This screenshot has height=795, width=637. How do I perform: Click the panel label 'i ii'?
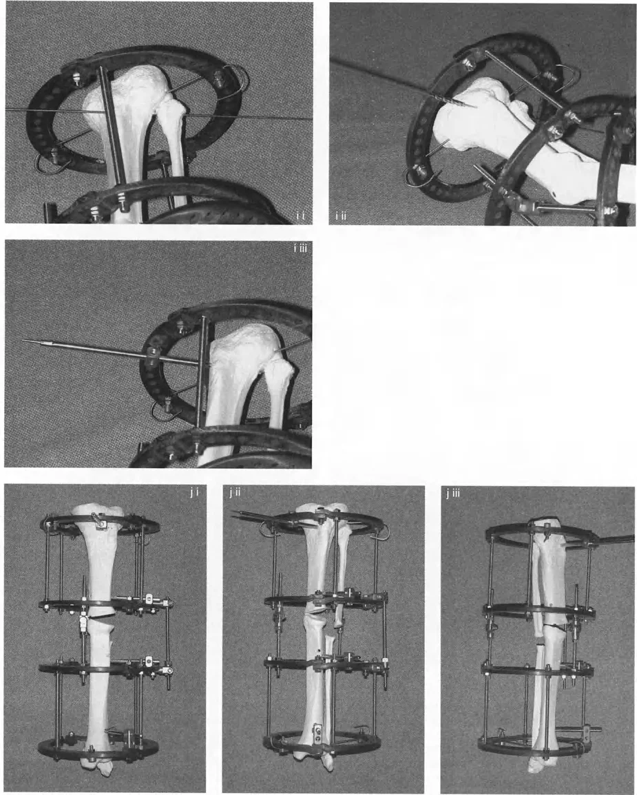(x=340, y=217)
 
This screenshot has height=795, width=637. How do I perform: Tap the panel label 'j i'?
(x=194, y=492)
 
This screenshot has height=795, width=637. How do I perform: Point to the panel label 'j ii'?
(x=234, y=492)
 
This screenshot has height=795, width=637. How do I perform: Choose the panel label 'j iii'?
(x=453, y=494)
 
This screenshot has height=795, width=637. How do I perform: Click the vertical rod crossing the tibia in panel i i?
(x=112, y=125)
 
